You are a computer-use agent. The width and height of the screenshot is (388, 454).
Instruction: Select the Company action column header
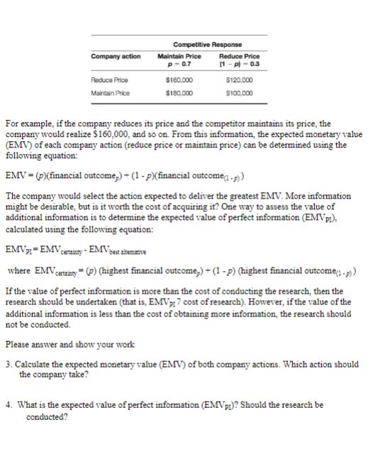tap(116, 56)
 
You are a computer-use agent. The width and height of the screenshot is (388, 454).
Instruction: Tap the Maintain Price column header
tap(179, 56)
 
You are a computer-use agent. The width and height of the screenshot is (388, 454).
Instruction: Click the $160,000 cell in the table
tap(179, 82)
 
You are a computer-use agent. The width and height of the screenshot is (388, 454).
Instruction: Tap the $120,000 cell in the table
tap(240, 82)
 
